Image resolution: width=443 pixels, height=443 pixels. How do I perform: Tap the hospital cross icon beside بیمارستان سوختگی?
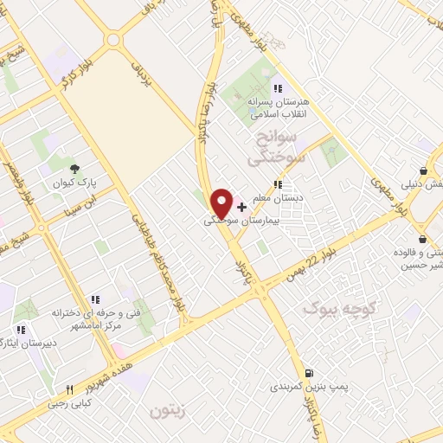pos(241,208)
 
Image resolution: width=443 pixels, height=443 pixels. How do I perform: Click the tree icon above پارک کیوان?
pos(74,170)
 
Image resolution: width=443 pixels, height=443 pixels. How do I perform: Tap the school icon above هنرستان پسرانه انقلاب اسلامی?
pos(277,88)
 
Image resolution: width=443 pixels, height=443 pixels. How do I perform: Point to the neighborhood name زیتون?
pos(170,407)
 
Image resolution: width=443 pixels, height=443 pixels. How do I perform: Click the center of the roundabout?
pos(113,39)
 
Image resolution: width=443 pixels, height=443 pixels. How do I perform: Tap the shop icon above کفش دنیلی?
pos(422,170)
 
